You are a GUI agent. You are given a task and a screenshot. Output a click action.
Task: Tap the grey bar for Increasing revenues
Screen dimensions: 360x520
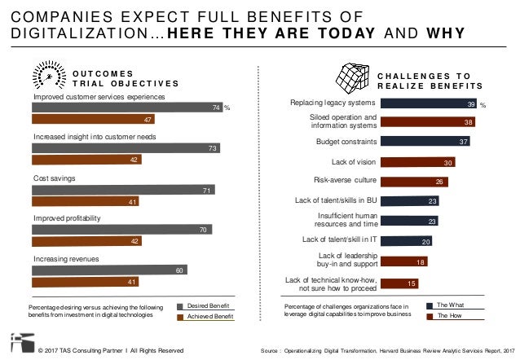coord(110,270)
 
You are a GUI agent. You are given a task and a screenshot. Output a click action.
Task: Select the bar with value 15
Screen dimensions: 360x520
coord(400,283)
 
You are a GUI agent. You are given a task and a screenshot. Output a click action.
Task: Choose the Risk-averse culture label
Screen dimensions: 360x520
coord(344,180)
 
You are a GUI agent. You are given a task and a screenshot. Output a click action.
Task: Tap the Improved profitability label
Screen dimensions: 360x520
coord(68,219)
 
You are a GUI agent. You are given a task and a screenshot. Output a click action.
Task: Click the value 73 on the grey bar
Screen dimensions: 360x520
coord(212,147)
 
